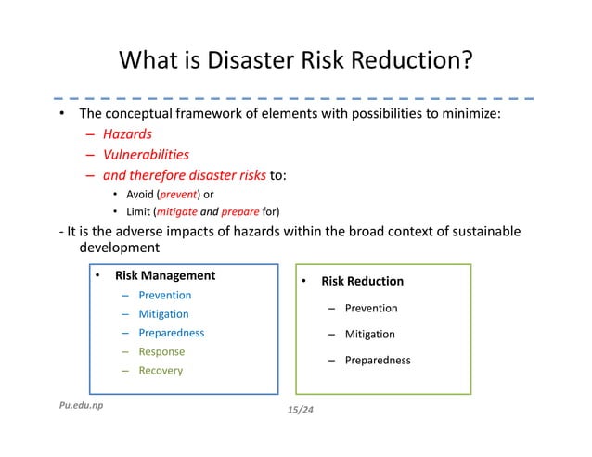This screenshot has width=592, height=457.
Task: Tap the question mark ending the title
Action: coord(467,62)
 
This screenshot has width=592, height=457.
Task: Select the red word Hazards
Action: coord(127,134)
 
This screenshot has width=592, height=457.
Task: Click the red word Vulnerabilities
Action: coord(146,155)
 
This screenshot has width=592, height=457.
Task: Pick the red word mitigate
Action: coord(178,211)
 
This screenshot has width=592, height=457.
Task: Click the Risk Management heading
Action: coord(165,275)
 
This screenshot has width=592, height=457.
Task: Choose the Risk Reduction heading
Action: coord(362,281)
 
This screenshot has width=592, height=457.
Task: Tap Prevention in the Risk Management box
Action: coord(165,295)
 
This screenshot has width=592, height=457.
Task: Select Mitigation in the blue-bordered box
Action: coord(163,314)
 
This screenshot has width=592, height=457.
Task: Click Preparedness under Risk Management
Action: coord(172,333)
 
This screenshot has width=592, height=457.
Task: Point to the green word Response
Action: coord(161,351)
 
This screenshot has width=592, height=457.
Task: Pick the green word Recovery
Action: coord(161,371)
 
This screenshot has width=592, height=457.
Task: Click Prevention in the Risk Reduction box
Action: coord(371,308)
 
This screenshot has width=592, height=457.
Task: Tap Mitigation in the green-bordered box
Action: coord(370,334)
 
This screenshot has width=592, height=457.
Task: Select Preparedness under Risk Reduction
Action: coord(378,361)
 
